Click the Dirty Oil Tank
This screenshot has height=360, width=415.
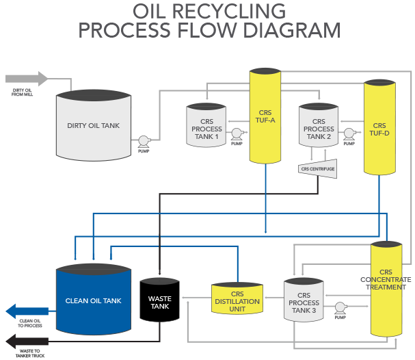coord(93,127)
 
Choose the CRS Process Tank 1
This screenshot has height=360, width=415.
coord(206,126)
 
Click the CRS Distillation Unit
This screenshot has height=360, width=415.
coord(237,299)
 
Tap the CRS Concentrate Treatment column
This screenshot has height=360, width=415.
coord(386,287)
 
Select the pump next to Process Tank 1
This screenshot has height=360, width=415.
coord(237,134)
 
